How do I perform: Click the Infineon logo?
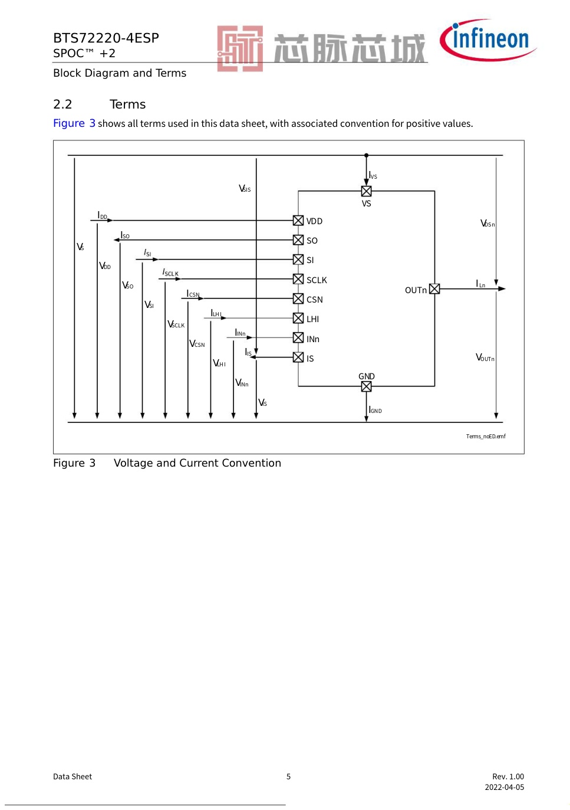coord(487,40)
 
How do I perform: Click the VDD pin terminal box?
coord(298,221)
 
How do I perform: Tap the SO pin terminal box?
coord(298,240)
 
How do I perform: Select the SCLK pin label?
coord(317,280)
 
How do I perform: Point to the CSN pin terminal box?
coord(298,299)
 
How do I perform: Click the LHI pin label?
coord(312,319)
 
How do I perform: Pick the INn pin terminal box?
coord(298,337)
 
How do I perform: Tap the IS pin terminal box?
coord(298,357)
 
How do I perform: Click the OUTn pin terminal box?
coord(434,288)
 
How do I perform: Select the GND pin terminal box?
coord(366,386)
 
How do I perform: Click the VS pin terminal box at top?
coord(366,191)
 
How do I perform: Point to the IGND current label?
coord(375,410)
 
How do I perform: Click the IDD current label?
coord(103,216)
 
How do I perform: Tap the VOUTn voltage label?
coord(485,358)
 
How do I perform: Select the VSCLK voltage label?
coord(176,324)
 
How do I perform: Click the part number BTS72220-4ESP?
coord(106,38)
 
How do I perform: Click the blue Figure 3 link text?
coord(74,123)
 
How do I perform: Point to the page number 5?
coord(288,776)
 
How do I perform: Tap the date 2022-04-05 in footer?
coord(504,787)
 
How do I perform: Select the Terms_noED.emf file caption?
coord(486,437)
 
